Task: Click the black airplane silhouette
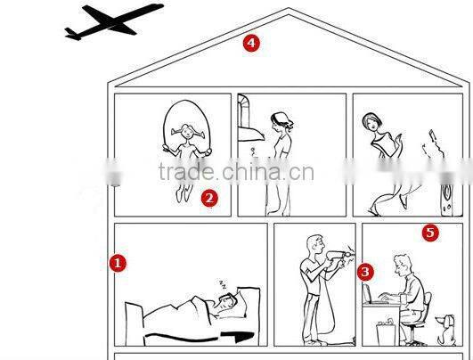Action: click(114, 21)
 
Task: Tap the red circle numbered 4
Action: click(251, 43)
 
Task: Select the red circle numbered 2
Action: click(209, 198)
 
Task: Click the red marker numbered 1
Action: click(118, 263)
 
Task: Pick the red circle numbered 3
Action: click(365, 272)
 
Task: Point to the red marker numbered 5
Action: click(430, 233)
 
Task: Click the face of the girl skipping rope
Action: click(187, 132)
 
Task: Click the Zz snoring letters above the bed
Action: click(223, 284)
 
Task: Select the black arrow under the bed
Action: click(200, 337)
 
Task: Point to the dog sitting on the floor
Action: click(446, 331)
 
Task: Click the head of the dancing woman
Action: click(371, 122)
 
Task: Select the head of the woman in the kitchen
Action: click(281, 121)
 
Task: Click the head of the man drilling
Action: click(315, 245)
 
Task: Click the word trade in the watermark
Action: click(186, 171)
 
